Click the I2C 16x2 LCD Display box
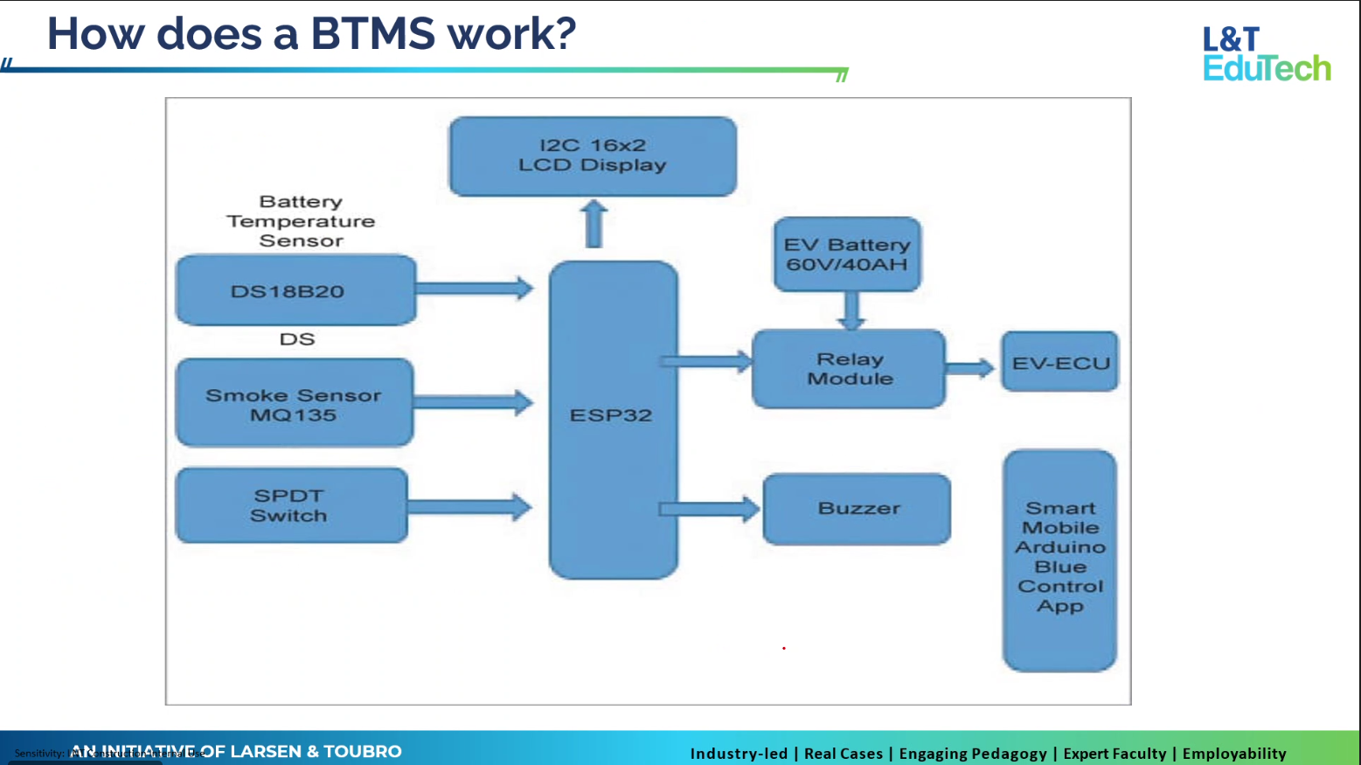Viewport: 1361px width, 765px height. pyautogui.click(x=593, y=156)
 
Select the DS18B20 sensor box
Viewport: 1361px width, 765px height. pyautogui.click(x=295, y=290)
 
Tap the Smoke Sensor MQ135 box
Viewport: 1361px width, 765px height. pyautogui.click(x=294, y=403)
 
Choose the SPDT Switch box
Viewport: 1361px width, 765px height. pyautogui.click(x=291, y=505)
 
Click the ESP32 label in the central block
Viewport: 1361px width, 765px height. pyautogui.click(x=611, y=415)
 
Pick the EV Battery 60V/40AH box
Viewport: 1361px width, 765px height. pyautogui.click(x=846, y=254)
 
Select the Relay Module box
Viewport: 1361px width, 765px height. pyautogui.click(x=849, y=369)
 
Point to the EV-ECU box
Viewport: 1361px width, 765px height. pyautogui.click(x=1059, y=362)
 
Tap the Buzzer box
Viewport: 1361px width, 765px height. pyautogui.click(x=857, y=509)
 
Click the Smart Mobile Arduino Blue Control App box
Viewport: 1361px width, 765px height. pyautogui.click(x=1059, y=560)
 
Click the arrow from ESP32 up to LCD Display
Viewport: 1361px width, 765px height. pyautogui.click(x=594, y=224)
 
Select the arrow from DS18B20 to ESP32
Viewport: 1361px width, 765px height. pyautogui.click(x=475, y=288)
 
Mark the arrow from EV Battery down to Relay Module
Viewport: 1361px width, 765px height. pyautogui.click(x=851, y=310)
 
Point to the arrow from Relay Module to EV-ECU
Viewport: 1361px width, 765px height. pyautogui.click(x=970, y=368)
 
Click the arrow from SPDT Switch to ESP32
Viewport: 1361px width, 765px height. pyautogui.click(x=470, y=506)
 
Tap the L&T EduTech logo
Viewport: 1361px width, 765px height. pyautogui.click(x=1266, y=54)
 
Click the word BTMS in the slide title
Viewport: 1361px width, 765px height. pyautogui.click(x=372, y=34)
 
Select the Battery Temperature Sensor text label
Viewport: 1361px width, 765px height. pyautogui.click(x=301, y=221)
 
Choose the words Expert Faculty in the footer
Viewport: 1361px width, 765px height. pyautogui.click(x=1114, y=754)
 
